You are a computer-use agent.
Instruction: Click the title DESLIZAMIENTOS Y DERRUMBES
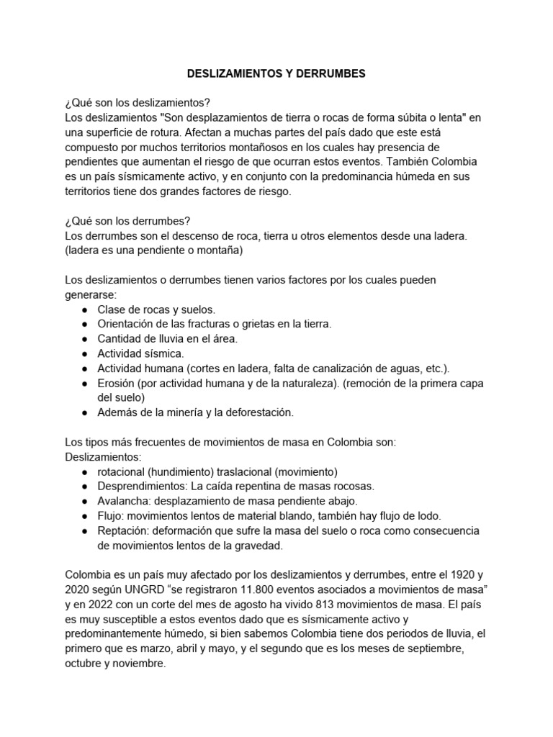tap(276, 73)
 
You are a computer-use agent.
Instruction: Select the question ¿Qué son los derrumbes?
tap(127, 220)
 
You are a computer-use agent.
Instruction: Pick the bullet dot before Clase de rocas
tap(85, 309)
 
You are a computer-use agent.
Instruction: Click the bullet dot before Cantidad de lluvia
tap(85, 338)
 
